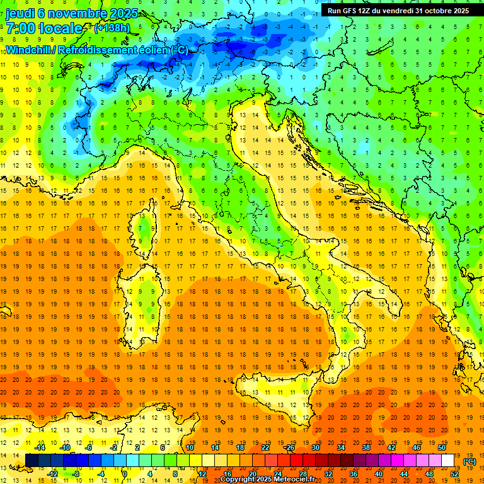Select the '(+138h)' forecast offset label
pos(111,28)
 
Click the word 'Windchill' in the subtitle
pos(29,50)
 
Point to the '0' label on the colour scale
pos(125,473)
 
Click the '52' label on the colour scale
pos(455,473)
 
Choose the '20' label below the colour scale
pos(252,473)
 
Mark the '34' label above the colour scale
pos(340,447)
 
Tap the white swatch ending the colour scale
pos(447,460)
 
